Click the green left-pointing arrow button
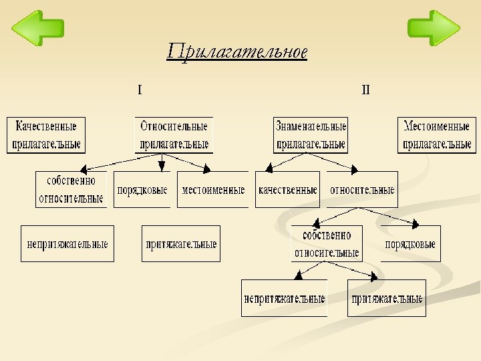point(38,28)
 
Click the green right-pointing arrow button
point(434,28)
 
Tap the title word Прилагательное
point(237,51)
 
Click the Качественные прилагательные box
point(46,135)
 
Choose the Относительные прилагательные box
point(174,135)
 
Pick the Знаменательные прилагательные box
point(311,135)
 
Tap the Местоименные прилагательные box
point(438,135)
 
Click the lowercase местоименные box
point(213,190)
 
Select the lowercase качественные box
point(287,190)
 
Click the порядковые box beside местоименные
point(142,190)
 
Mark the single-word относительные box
point(362,190)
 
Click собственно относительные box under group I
point(71,190)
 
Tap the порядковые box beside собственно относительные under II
point(410,244)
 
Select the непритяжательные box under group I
point(67,244)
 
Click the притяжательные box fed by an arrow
point(386,298)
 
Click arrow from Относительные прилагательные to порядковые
point(161,163)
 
